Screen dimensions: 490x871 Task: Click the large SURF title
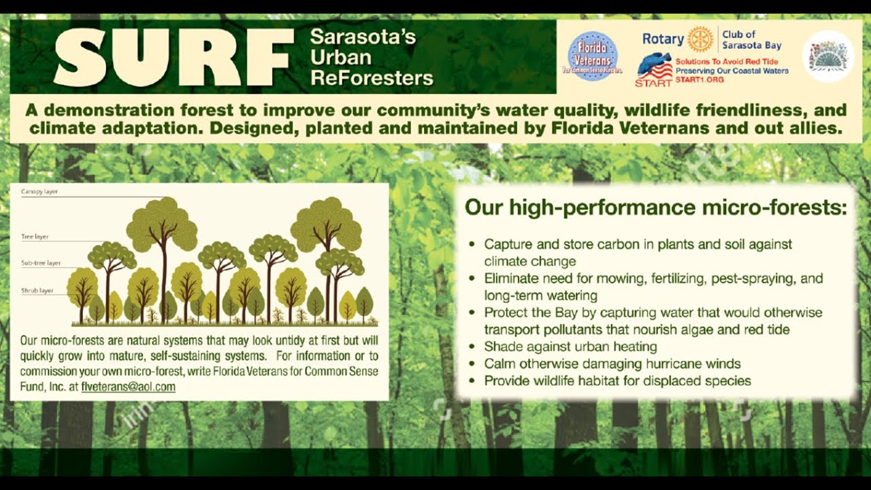(174, 57)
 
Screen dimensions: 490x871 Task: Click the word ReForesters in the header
(372, 78)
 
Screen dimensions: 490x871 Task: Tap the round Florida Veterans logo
(592, 56)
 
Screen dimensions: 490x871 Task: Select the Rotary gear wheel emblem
(700, 39)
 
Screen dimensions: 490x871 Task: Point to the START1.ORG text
(700, 80)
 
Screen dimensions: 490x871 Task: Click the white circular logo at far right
(828, 56)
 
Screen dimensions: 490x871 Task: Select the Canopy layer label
(39, 192)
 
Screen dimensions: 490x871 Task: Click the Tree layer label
(35, 237)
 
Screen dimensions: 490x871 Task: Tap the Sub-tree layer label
(41, 263)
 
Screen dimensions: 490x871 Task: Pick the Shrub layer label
(37, 291)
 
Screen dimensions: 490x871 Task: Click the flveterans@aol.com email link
(128, 387)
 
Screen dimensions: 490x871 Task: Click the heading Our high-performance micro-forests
(655, 208)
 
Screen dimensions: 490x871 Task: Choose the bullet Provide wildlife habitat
(617, 380)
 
